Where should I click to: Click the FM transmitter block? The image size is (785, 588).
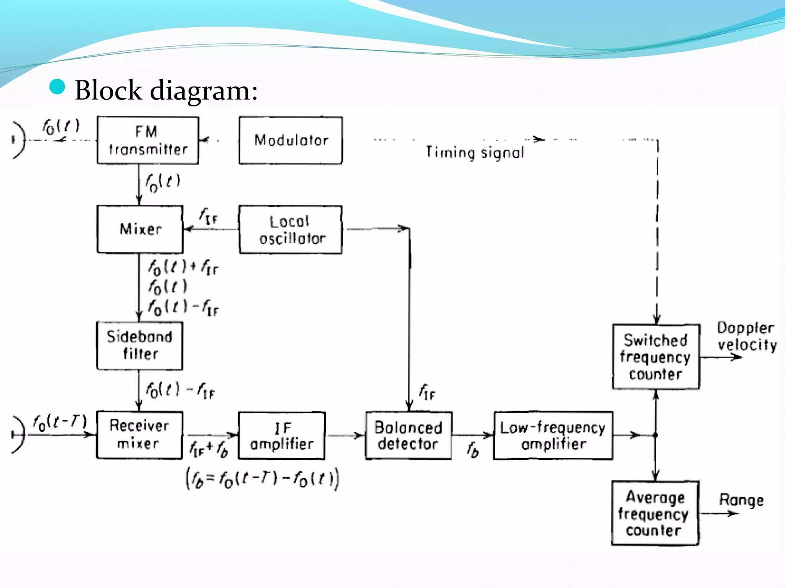pyautogui.click(x=148, y=140)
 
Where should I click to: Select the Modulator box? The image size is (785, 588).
pyautogui.click(x=291, y=140)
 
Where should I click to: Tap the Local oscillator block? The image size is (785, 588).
pyautogui.click(x=291, y=230)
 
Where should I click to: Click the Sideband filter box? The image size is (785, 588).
pyautogui.click(x=140, y=346)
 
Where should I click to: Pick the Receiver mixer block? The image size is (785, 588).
pyautogui.click(x=140, y=435)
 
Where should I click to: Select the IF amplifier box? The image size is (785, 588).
pyautogui.click(x=282, y=436)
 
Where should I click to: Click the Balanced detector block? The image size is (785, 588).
pyautogui.click(x=409, y=436)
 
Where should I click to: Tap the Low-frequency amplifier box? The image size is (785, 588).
pyautogui.click(x=553, y=436)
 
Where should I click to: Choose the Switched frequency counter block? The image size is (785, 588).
pyautogui.click(x=656, y=357)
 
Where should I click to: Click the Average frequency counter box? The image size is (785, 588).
pyautogui.click(x=655, y=513)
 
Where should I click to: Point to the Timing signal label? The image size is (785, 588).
pyautogui.click(x=475, y=152)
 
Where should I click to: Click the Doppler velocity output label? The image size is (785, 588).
pyautogui.click(x=746, y=336)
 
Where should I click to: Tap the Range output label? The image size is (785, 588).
pyautogui.click(x=741, y=500)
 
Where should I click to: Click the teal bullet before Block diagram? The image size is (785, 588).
pyautogui.click(x=57, y=87)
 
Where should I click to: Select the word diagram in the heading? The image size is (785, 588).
pyautogui.click(x=204, y=91)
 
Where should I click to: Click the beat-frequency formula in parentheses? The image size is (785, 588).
pyautogui.click(x=263, y=479)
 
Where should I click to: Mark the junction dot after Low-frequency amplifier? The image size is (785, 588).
pyautogui.click(x=655, y=435)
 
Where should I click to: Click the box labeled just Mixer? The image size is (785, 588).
pyautogui.click(x=140, y=229)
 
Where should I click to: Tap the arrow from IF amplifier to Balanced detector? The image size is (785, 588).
pyautogui.click(x=345, y=436)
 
